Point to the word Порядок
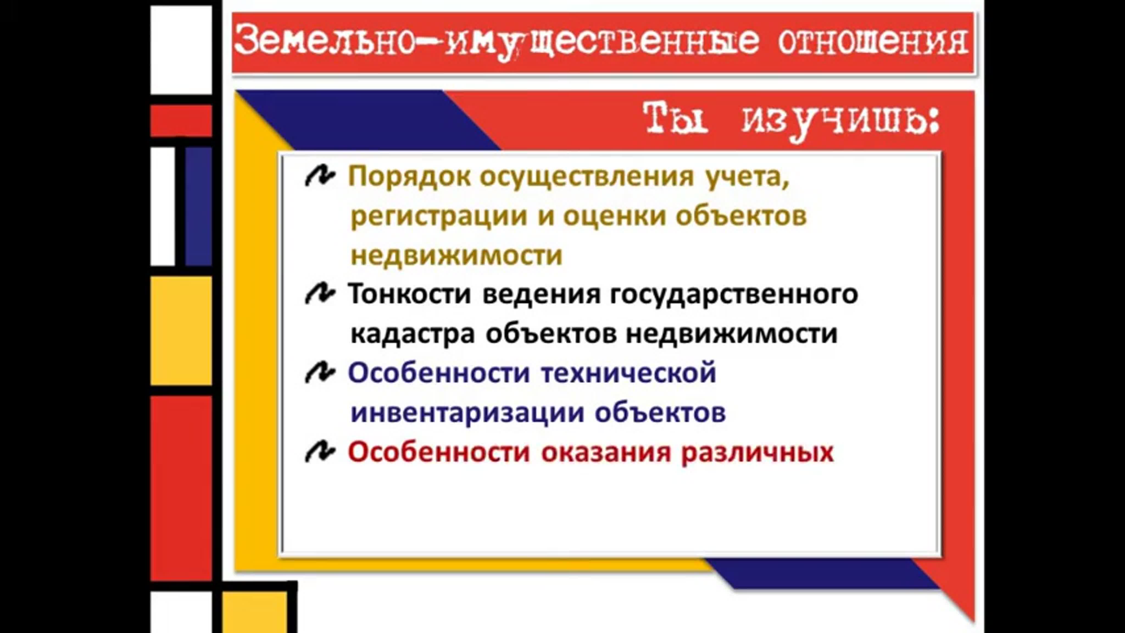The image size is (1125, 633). (409, 177)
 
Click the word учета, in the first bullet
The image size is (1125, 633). (748, 177)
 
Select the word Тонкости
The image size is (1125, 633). (410, 294)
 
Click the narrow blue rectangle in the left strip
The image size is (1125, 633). (198, 206)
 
